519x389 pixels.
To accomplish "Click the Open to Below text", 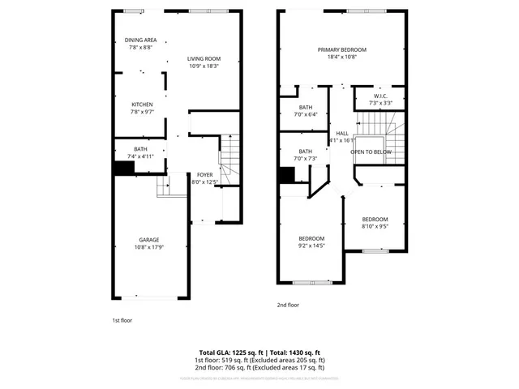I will [x=371, y=152].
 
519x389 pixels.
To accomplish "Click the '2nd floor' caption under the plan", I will [x=288, y=305].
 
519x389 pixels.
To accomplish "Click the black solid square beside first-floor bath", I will [x=123, y=168].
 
